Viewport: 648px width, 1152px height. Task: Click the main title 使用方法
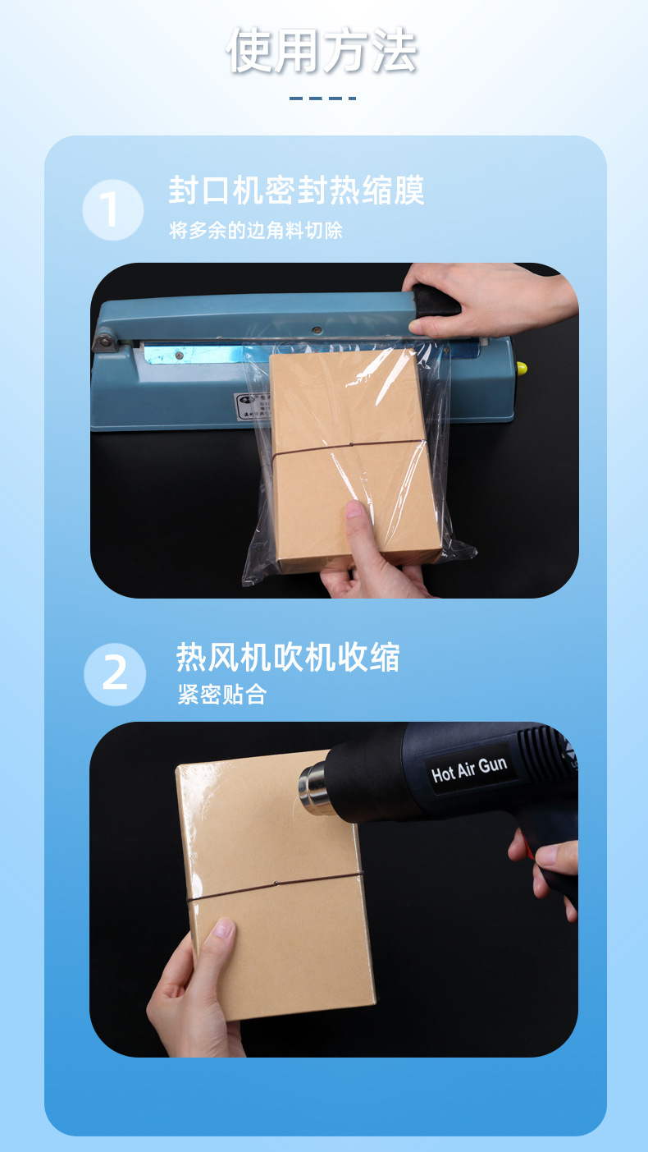click(322, 51)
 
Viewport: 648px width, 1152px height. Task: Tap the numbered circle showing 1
click(113, 210)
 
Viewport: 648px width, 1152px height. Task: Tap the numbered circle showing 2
click(115, 674)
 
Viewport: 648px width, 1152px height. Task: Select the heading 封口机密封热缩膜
click(296, 191)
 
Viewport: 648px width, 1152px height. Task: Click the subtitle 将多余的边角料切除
click(256, 231)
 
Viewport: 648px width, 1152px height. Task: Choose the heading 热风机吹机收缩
click(288, 658)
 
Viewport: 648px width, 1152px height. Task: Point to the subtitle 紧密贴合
click(222, 695)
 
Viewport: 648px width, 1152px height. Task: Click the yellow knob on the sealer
click(521, 368)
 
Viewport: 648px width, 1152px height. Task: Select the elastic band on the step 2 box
click(275, 886)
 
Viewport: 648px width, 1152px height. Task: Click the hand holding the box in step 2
click(193, 985)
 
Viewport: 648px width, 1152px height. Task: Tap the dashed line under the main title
click(322, 99)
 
